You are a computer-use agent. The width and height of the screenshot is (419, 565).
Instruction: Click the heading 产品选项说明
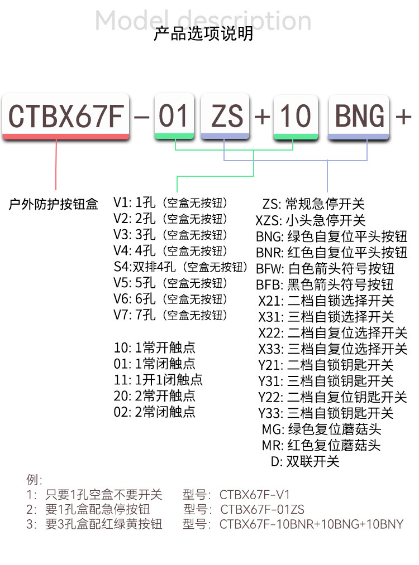coord(203,33)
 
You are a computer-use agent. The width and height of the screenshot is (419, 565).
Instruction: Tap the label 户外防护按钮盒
coord(54,204)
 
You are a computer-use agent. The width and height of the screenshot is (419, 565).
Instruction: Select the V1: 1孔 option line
coord(170,202)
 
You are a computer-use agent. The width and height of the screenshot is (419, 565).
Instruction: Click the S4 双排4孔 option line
coord(180,267)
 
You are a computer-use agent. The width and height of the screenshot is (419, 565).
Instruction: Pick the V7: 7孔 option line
coord(170,316)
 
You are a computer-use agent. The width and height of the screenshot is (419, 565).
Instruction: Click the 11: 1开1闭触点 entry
coord(158,380)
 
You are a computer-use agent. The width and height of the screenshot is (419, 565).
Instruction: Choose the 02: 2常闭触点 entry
coord(155,412)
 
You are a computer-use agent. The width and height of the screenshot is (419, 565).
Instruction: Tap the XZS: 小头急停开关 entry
coord(310,220)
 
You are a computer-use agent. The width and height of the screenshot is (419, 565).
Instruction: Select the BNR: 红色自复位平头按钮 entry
coord(332,252)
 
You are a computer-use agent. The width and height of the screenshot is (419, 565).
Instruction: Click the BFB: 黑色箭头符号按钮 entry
coord(325,284)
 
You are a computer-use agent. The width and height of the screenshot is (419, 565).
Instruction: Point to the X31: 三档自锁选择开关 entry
coord(326,317)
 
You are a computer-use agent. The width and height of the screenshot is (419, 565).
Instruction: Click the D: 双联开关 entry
coord(304,462)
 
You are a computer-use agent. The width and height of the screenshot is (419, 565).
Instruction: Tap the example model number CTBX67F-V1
coord(255,495)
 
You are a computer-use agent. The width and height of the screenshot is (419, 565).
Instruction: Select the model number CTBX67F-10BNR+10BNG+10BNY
coord(311,524)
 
